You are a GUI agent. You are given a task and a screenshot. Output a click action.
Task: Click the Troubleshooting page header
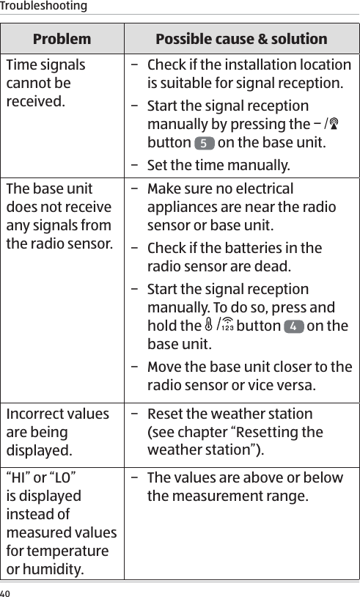pos(43,7)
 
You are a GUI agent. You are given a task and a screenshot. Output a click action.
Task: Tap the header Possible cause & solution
pos(241,39)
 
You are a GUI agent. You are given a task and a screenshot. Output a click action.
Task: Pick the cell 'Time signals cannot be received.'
pos(45,81)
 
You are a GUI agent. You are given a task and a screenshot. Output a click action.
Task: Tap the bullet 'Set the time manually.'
pos(218,163)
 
